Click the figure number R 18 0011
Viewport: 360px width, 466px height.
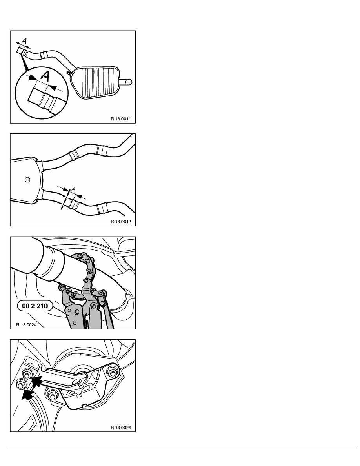(121, 119)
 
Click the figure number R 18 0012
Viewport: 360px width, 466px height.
(121, 222)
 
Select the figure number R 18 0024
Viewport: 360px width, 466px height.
(26, 325)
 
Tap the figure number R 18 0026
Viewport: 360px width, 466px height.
(121, 428)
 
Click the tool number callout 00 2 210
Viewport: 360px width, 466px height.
(35, 306)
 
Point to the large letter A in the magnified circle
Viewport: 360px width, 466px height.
(45, 76)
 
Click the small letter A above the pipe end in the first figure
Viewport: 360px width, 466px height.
(25, 41)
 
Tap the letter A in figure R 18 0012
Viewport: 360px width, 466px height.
(74, 189)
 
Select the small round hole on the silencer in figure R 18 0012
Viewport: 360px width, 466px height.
(27, 180)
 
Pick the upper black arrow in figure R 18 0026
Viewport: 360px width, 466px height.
(37, 381)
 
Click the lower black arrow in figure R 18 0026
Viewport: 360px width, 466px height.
(27, 394)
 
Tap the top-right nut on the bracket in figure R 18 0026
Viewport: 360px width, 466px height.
(112, 372)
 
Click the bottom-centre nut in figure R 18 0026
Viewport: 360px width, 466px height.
(52, 396)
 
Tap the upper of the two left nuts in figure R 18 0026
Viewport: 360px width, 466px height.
(27, 373)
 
